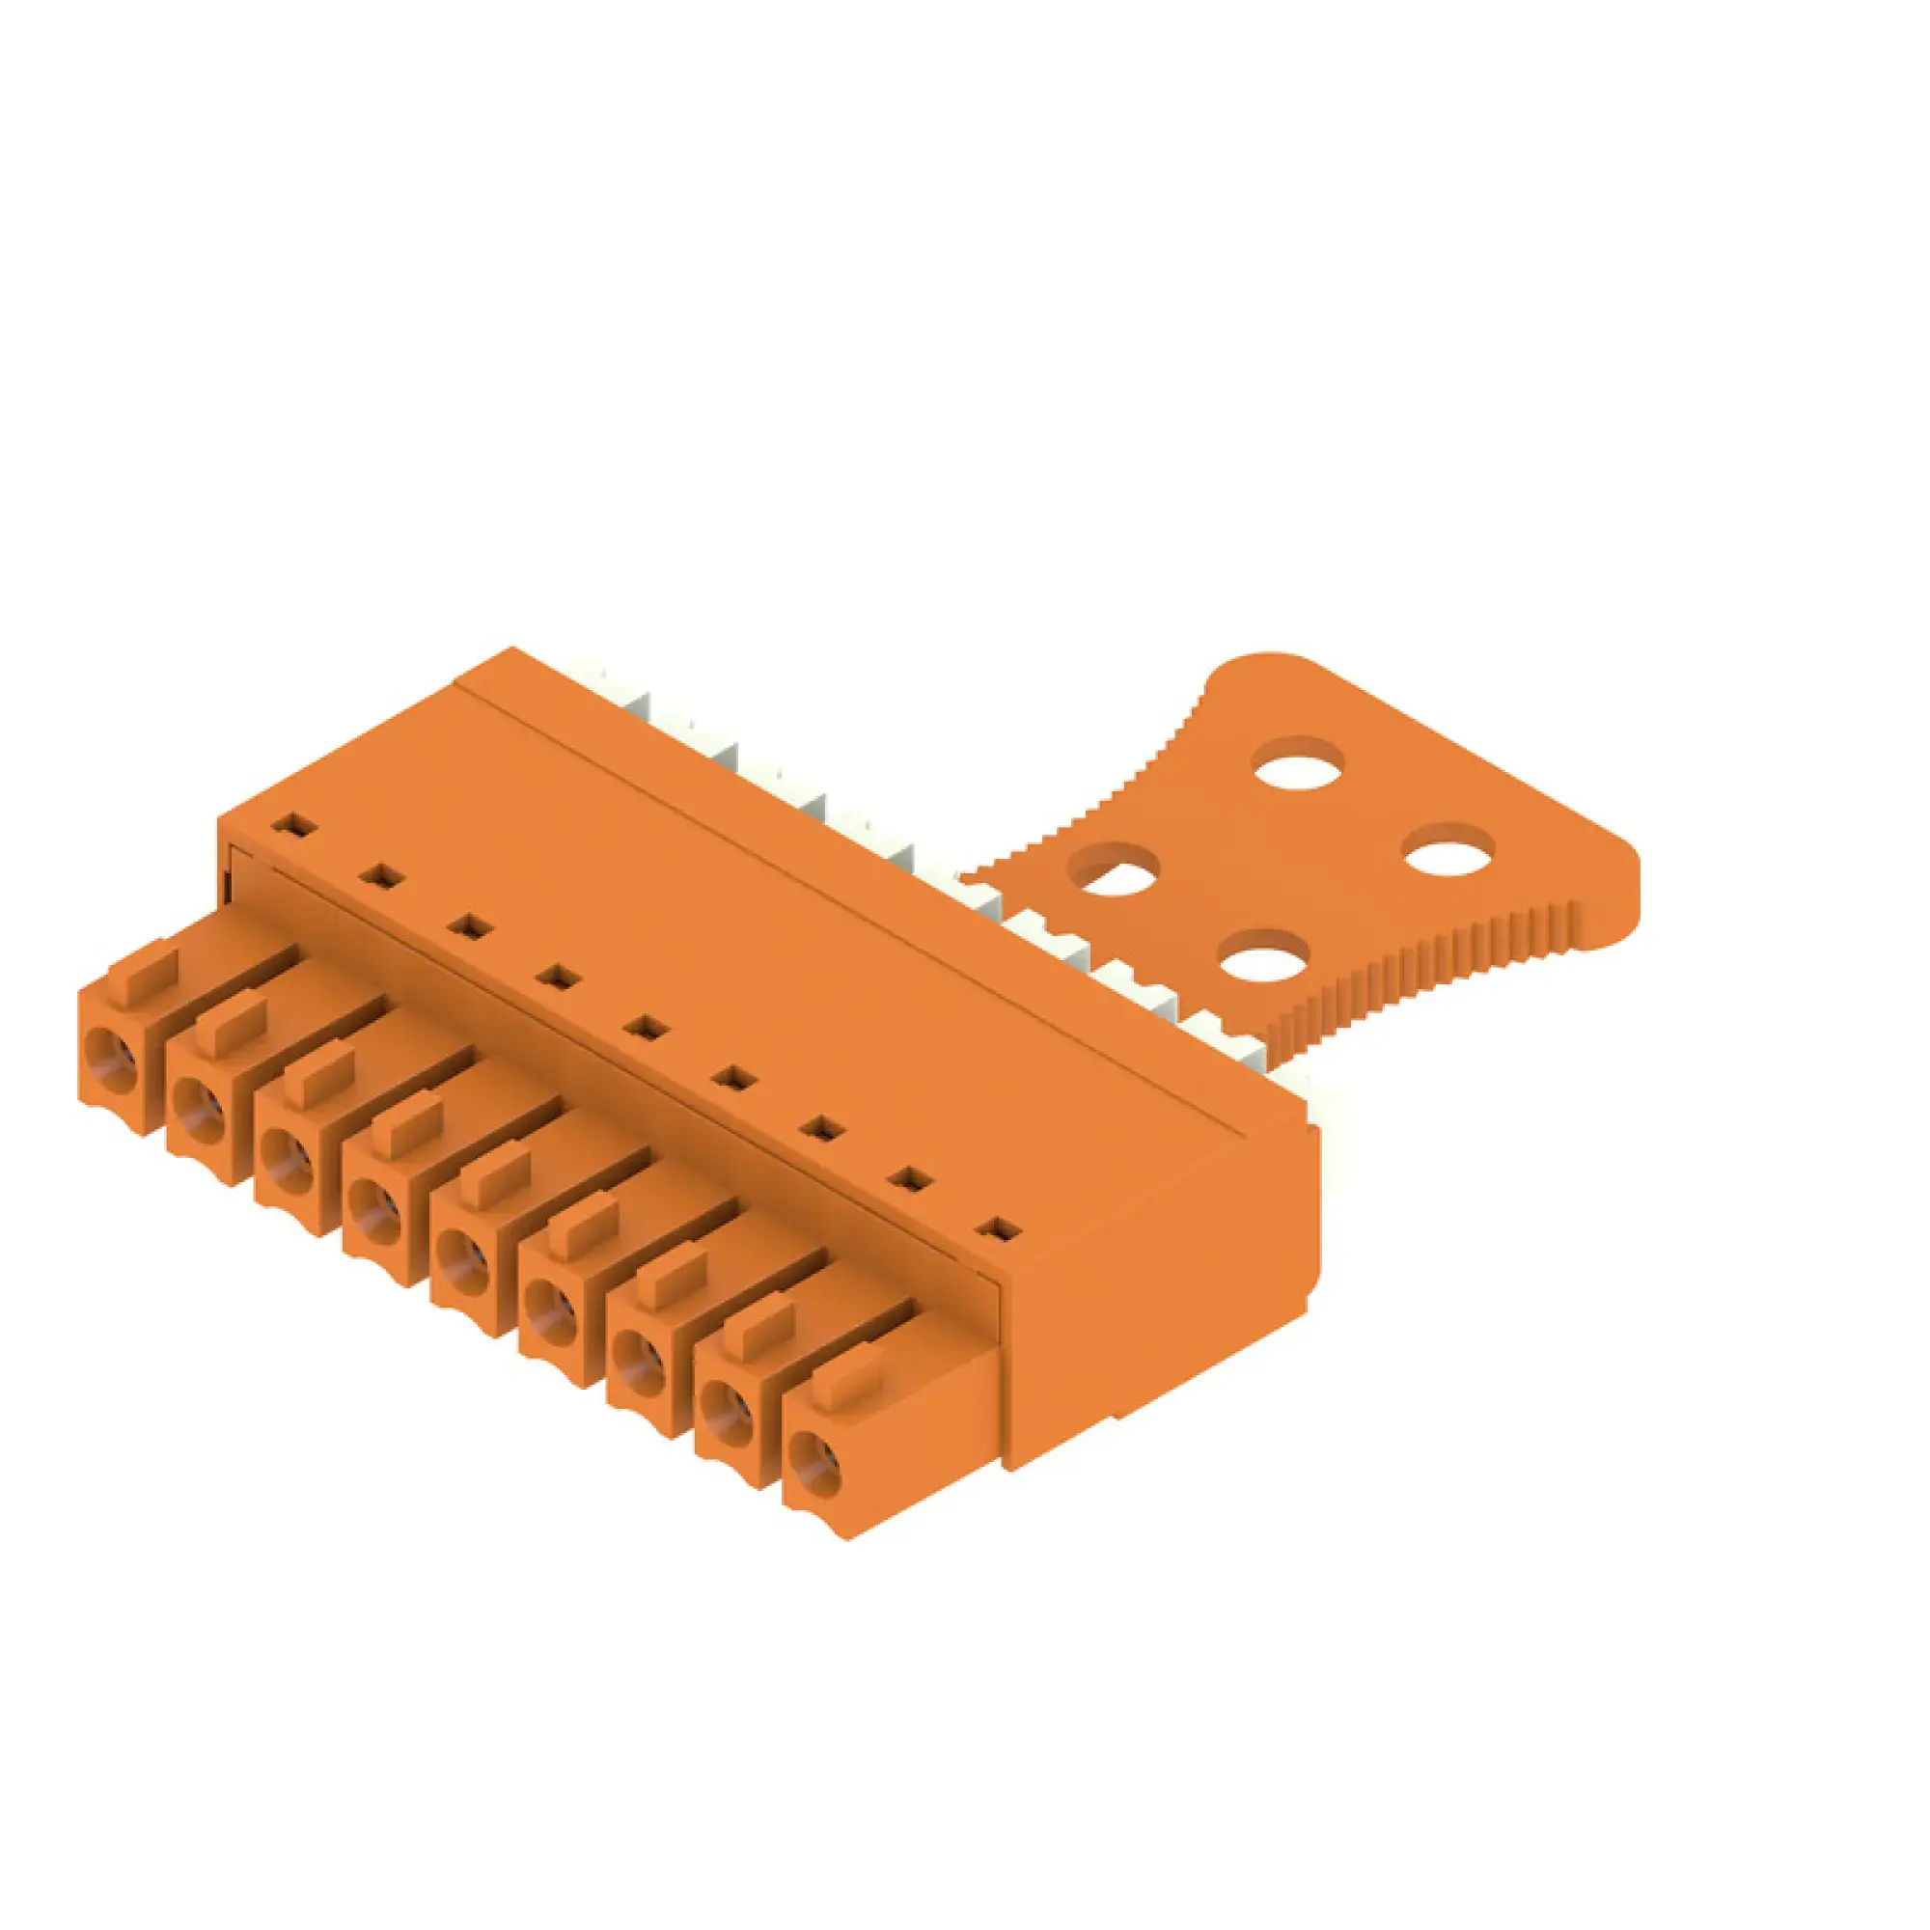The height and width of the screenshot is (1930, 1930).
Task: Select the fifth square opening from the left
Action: (x=648, y=1026)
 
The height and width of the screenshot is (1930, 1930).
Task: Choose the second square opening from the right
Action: (x=910, y=1180)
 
